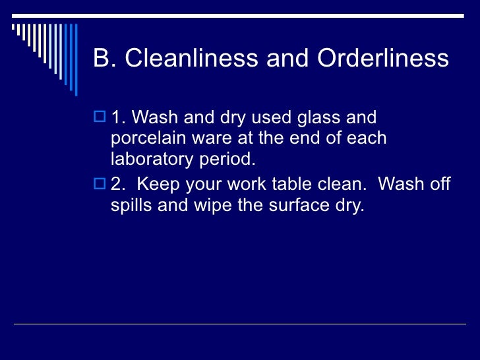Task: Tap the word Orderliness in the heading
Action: (383, 59)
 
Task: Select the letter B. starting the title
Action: (104, 59)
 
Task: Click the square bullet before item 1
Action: (101, 119)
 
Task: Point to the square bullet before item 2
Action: (101, 184)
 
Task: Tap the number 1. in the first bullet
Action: (119, 119)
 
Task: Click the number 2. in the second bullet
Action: (119, 184)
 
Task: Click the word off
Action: (438, 184)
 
